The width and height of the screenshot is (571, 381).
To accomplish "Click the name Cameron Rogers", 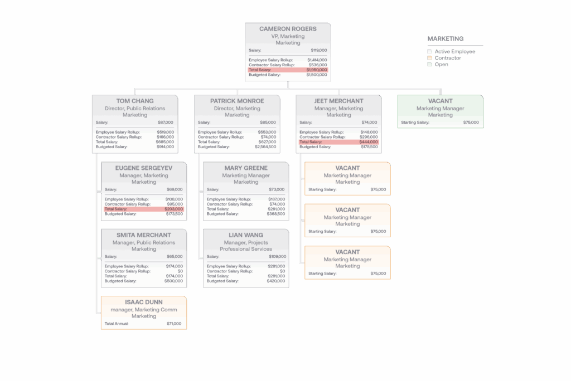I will (x=288, y=29).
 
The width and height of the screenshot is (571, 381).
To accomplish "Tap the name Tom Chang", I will (x=135, y=101).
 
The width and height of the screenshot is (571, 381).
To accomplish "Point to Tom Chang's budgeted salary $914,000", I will (x=164, y=147).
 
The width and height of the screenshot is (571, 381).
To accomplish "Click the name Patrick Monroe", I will (x=237, y=101).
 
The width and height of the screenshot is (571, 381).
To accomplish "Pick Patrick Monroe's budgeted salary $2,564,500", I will (x=265, y=147).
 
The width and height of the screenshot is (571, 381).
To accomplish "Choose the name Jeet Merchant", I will (x=338, y=101).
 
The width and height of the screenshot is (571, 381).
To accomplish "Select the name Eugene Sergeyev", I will (x=144, y=168).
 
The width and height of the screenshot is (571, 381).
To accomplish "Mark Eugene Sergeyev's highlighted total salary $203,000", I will (x=173, y=209).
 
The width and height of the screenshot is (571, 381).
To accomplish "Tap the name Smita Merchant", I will (x=144, y=235).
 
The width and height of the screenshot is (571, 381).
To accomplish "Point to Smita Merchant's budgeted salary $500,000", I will (x=173, y=281).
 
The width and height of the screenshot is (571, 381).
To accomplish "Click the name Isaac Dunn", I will (x=144, y=302).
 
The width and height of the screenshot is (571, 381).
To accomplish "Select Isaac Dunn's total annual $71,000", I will (x=174, y=323).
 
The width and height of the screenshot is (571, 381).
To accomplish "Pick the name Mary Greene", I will (x=246, y=168).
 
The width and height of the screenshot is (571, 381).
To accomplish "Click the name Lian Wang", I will (x=246, y=235).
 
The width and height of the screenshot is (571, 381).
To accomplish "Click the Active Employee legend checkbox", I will (x=430, y=51).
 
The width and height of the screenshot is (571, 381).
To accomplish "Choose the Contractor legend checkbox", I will (x=430, y=58).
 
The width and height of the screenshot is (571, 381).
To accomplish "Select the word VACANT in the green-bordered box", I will (x=441, y=101).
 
